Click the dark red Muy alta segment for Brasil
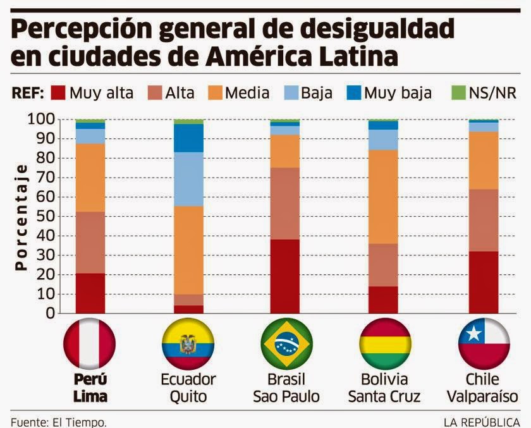tap(285, 276)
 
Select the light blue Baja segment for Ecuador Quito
tap(188, 179)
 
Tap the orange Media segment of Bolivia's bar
tap(383, 197)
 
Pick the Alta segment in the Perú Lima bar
tap(90, 242)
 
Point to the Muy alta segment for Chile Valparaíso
tap(484, 282)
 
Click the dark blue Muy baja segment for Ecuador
tap(188, 138)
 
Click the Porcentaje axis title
tap(21, 216)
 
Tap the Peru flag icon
tap(90, 345)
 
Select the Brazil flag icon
tap(286, 345)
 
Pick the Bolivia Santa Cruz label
tap(383, 388)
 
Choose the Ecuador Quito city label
tap(188, 388)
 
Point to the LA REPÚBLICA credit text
tap(481, 422)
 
